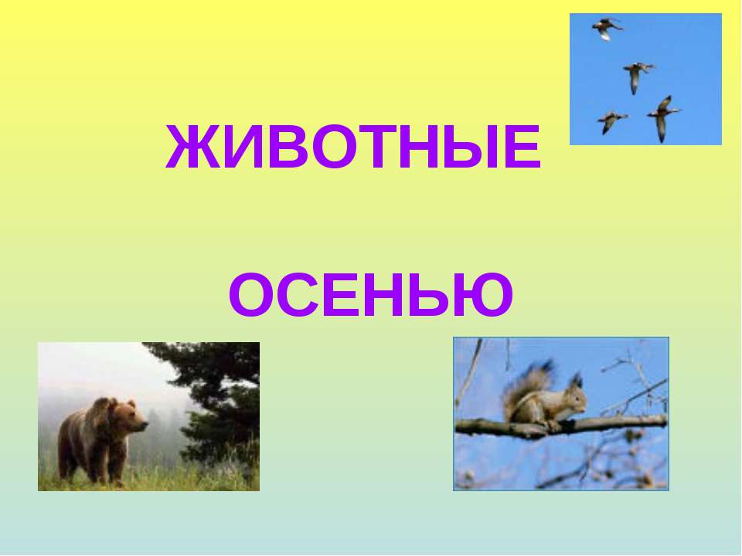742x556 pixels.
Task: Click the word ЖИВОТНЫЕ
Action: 352,149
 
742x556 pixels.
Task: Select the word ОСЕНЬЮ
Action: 371,296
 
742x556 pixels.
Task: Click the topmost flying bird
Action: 607,29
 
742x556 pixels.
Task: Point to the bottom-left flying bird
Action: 611,120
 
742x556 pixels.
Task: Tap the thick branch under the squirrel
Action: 618,423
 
